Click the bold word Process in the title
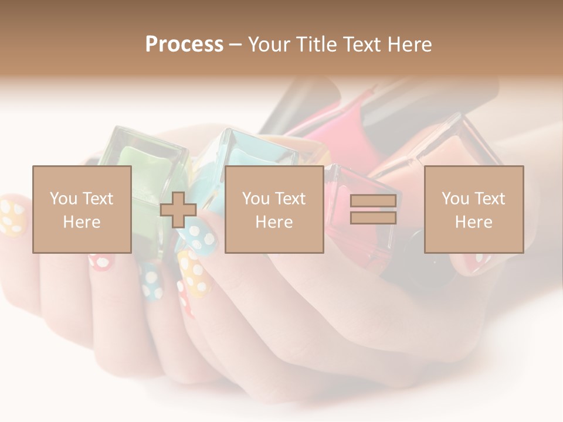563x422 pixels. [x=184, y=45]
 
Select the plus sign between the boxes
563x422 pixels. [x=178, y=210]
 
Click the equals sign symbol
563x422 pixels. [x=373, y=209]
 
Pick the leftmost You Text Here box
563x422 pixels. [x=82, y=209]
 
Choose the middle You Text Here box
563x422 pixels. [x=274, y=209]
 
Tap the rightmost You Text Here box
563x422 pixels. [x=473, y=209]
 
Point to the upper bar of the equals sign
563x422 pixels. [x=373, y=201]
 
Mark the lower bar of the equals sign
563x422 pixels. [x=373, y=218]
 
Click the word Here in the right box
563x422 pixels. [x=473, y=222]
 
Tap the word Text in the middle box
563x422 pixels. [x=290, y=198]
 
